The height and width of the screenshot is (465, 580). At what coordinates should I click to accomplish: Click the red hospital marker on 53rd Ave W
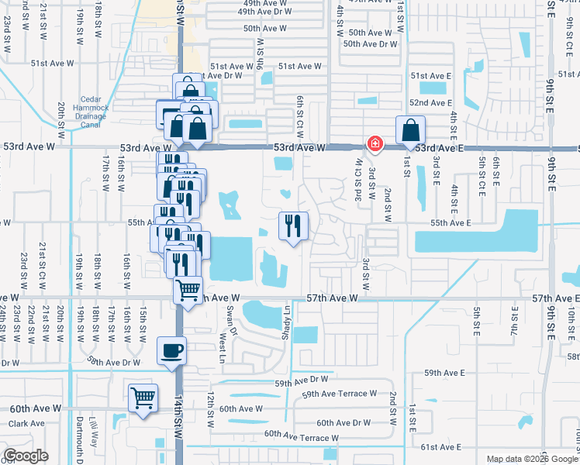[x=375, y=143]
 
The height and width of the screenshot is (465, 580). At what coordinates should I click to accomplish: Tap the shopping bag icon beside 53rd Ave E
[x=409, y=129]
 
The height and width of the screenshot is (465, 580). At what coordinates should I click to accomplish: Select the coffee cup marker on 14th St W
[x=171, y=350]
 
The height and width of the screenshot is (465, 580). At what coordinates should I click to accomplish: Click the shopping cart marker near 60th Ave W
[x=143, y=398]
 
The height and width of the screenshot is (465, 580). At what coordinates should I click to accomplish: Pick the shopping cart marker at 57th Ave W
[x=188, y=290]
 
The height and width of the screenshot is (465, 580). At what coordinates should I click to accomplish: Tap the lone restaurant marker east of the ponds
[x=293, y=226]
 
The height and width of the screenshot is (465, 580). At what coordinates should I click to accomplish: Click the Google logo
[x=26, y=455]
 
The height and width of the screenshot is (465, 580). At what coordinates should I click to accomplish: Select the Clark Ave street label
[x=26, y=423]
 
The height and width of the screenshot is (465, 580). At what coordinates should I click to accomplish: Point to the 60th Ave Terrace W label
[x=301, y=438]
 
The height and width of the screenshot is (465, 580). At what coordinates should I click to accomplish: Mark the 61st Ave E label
[x=441, y=447]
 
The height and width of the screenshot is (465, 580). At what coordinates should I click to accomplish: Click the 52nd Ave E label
[x=430, y=102]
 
